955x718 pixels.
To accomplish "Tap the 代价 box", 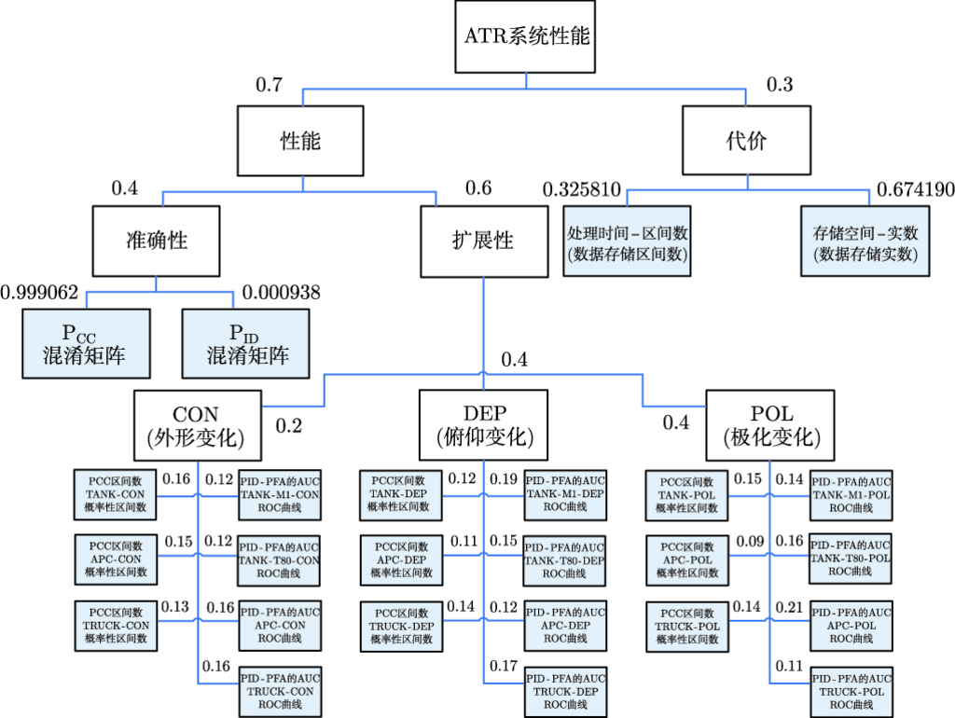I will (745, 141).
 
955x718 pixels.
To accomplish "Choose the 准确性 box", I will (157, 241).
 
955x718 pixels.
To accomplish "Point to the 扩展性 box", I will (483, 241).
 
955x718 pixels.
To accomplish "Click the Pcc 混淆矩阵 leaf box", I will (89, 343).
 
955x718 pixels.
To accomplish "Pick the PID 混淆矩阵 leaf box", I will (245, 343).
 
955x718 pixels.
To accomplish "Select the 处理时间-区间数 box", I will (627, 241).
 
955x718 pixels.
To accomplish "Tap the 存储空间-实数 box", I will (865, 241).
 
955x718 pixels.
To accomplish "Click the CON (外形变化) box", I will (196, 425).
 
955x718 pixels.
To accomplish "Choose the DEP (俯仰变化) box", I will (484, 425).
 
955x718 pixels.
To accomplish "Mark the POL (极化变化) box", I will (769, 425).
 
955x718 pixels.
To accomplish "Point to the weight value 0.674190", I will (915, 190).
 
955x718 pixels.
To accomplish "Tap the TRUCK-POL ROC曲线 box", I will (851, 691).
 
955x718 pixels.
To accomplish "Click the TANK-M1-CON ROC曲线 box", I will (280, 493).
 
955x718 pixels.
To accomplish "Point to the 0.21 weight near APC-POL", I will (790, 608).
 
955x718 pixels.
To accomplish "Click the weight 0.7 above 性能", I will (269, 86).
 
